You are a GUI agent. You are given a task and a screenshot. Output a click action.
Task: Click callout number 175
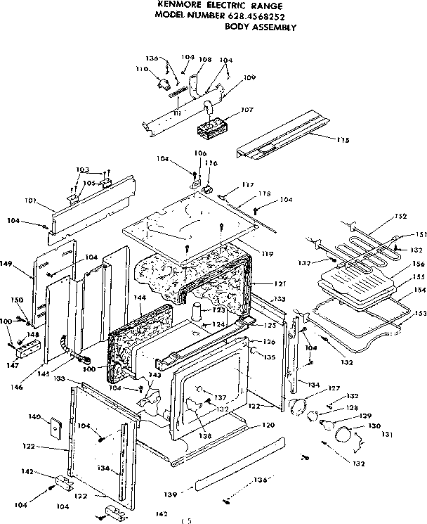point(342,139)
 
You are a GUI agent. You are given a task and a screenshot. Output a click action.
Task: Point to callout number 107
point(247,110)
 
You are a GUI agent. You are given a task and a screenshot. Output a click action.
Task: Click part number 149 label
point(26,264)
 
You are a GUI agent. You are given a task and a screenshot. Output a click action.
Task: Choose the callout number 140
point(33,417)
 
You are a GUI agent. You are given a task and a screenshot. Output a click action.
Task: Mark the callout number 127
point(314,388)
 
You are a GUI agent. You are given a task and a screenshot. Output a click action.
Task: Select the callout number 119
point(268,253)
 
